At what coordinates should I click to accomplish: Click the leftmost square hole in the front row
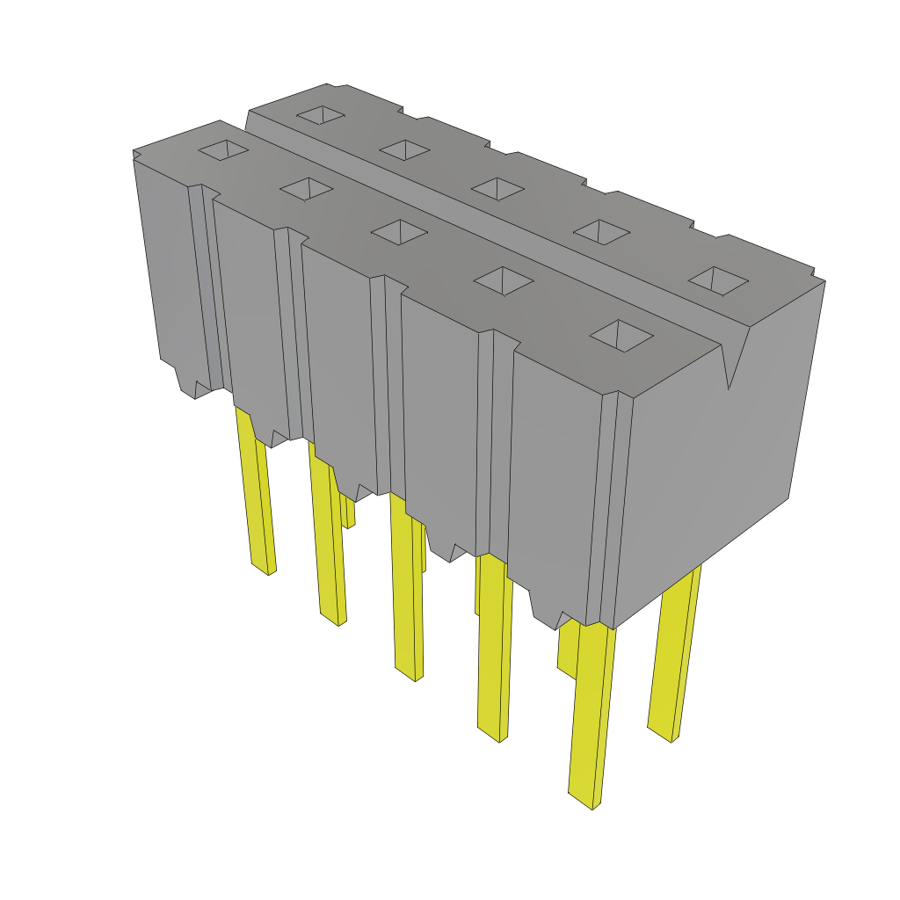tap(224, 150)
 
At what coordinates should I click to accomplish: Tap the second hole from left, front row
tap(307, 188)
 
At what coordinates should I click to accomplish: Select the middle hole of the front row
tap(400, 231)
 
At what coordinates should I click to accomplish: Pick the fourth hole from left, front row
tap(504, 280)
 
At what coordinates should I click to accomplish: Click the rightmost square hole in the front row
tap(621, 336)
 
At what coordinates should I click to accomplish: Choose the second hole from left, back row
tap(404, 149)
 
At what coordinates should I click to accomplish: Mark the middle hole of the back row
tap(498, 187)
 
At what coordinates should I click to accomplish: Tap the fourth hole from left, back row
tap(601, 231)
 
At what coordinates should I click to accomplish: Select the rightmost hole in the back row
tap(718, 280)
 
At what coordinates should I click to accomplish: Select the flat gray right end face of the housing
tap(712, 466)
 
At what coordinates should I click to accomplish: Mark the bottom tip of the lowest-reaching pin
tap(584, 800)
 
